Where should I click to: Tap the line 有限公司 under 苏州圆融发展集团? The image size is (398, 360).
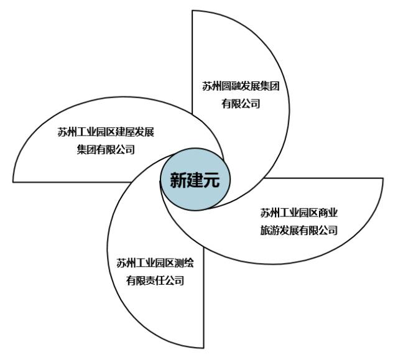[241, 104]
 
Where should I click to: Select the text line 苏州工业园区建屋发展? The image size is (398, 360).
[106, 132]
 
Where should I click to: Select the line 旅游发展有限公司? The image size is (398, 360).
[298, 231]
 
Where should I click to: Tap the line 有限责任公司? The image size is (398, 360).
[155, 280]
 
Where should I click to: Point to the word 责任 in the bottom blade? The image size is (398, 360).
[155, 280]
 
